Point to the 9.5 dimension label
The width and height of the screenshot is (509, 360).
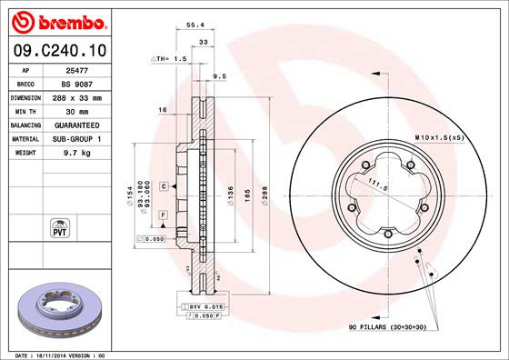point(219,76)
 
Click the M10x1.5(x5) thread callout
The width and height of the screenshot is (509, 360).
point(439,136)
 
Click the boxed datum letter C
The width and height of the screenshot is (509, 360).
point(163,185)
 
